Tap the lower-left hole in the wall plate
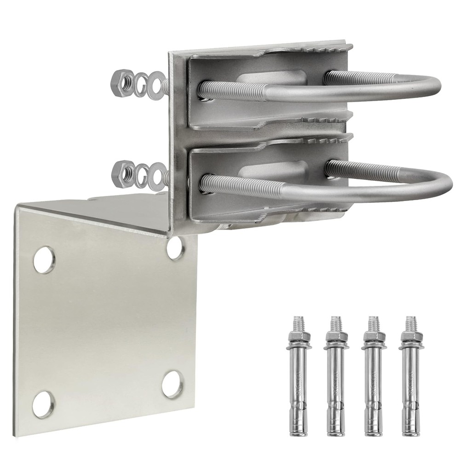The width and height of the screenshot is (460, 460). [44, 404]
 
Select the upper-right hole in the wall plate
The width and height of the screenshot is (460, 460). [175, 249]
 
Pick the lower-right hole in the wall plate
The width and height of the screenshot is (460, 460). [172, 384]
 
